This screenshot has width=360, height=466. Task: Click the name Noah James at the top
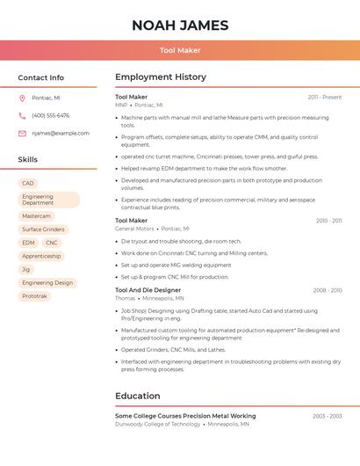coord(180,25)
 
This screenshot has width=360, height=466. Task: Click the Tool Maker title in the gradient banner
coord(180,50)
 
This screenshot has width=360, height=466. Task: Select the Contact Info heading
coord(41,77)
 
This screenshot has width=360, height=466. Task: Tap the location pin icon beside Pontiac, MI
coord(22,98)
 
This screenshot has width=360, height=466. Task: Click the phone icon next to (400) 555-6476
coord(22,115)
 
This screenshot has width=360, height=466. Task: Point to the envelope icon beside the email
coord(22,134)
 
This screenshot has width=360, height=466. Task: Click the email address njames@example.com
coord(61,134)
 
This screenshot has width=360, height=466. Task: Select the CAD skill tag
coord(28,184)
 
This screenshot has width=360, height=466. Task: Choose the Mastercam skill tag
coord(36,216)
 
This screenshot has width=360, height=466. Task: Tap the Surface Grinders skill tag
coord(43,229)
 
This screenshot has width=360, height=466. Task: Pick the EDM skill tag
coord(28,243)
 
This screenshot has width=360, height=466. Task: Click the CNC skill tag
coord(52,243)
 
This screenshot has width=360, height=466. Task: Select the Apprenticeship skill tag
coord(41,256)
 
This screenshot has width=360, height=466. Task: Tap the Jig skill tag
coord(26,269)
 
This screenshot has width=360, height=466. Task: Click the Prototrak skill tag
coord(34,296)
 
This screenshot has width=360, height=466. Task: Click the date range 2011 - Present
coord(324,97)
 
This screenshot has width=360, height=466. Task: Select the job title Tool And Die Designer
coord(148,290)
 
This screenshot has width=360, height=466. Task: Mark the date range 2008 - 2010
coord(327,290)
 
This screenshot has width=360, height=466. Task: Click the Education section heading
coord(138,396)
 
